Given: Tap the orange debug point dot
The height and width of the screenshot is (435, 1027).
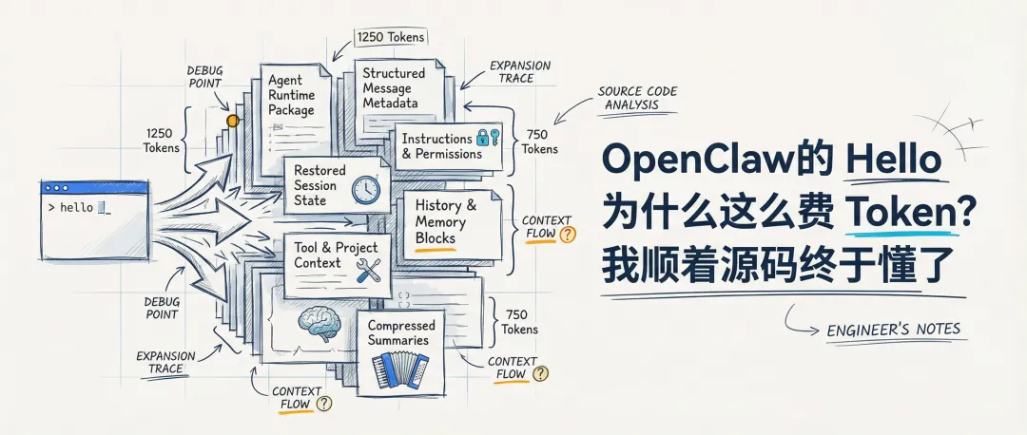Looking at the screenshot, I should (231, 122).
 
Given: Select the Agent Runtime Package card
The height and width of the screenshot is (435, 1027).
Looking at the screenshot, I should (290, 96).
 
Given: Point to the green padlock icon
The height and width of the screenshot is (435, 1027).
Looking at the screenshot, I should (481, 138).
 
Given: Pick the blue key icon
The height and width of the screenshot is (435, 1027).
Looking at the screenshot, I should (495, 138).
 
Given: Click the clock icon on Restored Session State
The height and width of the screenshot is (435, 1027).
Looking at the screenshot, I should (364, 190).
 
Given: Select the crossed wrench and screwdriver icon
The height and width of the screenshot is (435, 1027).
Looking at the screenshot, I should (368, 271).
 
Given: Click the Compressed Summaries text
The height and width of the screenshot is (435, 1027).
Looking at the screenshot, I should (400, 332).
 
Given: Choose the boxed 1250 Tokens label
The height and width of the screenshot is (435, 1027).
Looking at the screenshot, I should (390, 38).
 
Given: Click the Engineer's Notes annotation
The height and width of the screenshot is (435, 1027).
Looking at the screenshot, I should (893, 330).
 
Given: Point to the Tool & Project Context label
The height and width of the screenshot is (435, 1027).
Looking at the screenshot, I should (330, 255).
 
